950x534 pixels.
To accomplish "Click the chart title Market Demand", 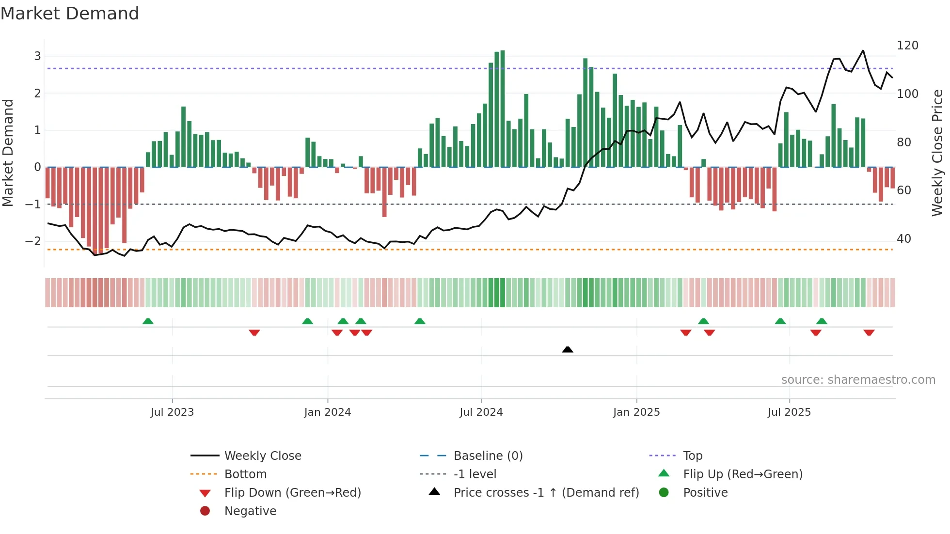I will (x=70, y=14).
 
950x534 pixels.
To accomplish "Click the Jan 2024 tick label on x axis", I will (x=327, y=412).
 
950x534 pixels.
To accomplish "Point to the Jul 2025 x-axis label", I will (x=789, y=412).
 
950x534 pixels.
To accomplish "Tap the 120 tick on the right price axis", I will (x=907, y=46).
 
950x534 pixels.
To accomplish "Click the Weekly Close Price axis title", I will (x=937, y=153).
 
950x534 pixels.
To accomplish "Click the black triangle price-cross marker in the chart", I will (x=568, y=349).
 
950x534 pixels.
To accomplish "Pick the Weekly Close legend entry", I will (x=262, y=456).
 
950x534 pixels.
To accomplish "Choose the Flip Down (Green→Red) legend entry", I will (x=292, y=493).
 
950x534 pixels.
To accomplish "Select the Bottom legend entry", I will (x=245, y=474).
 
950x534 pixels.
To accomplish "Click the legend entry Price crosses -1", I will (x=546, y=493).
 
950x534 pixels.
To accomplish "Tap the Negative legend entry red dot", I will (x=205, y=511).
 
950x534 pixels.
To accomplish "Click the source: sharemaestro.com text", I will (x=858, y=380).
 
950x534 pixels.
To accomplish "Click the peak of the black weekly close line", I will (x=863, y=50).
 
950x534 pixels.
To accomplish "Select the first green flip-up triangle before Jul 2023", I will (x=148, y=321).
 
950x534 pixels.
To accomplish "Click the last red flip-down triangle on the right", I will (x=869, y=332).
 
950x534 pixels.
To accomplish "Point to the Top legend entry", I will (x=692, y=456).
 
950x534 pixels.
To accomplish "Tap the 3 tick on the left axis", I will (x=37, y=56).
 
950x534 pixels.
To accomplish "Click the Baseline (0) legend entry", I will (x=488, y=456).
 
